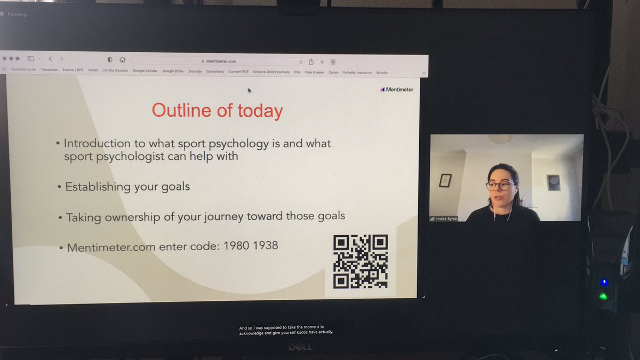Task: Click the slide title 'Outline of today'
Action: click(x=217, y=110)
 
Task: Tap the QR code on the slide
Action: click(x=361, y=261)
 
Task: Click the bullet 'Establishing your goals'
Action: click(x=127, y=187)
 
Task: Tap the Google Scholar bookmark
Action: click(x=145, y=71)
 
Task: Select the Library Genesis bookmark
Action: click(x=115, y=70)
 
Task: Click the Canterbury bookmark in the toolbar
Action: click(x=215, y=71)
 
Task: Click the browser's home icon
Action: click(x=122, y=60)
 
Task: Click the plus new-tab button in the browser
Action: click(x=322, y=62)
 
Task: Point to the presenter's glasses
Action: click(x=500, y=186)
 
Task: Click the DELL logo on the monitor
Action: click(x=300, y=347)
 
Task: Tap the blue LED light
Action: click(x=603, y=282)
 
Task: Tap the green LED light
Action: click(x=603, y=297)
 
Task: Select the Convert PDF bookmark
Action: click(x=239, y=71)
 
